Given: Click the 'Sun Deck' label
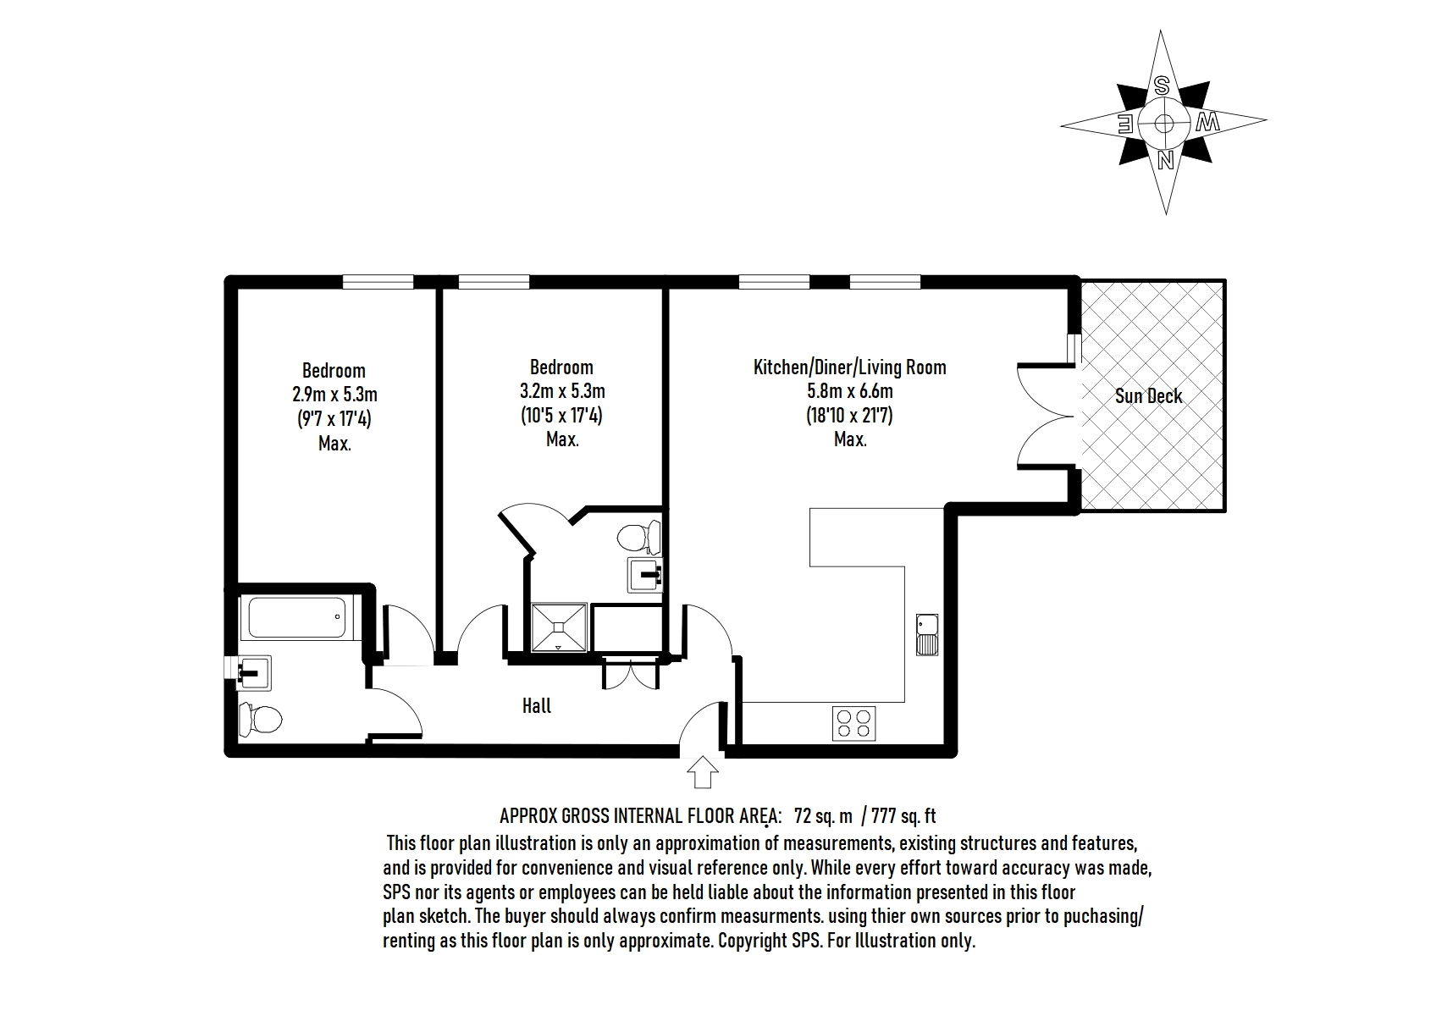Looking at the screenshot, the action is tap(1148, 396).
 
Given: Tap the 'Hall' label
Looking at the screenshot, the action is tap(537, 706).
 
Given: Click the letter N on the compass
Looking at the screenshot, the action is tap(1165, 160).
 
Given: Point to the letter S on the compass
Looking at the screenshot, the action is tap(1162, 86).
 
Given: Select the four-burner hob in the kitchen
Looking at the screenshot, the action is tap(854, 724).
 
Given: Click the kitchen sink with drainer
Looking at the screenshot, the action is tap(927, 635).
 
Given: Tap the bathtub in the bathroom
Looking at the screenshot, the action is tap(297, 617).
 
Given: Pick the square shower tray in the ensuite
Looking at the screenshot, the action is tap(559, 627).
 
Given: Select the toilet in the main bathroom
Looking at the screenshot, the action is tap(260, 719).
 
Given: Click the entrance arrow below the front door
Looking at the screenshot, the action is tap(703, 772).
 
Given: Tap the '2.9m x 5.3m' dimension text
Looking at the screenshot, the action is tap(334, 394).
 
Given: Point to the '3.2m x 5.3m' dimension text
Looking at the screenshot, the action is tap(562, 391).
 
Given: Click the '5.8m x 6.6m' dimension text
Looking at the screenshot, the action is tap(850, 391).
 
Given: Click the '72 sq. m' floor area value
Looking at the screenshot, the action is tap(823, 816).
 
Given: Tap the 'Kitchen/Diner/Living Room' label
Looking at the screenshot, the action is tap(850, 367).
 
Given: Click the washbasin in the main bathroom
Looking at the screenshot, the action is tap(254, 672).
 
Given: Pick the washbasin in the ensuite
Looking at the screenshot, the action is tap(645, 575).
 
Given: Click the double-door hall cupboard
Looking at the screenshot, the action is tap(631, 672).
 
